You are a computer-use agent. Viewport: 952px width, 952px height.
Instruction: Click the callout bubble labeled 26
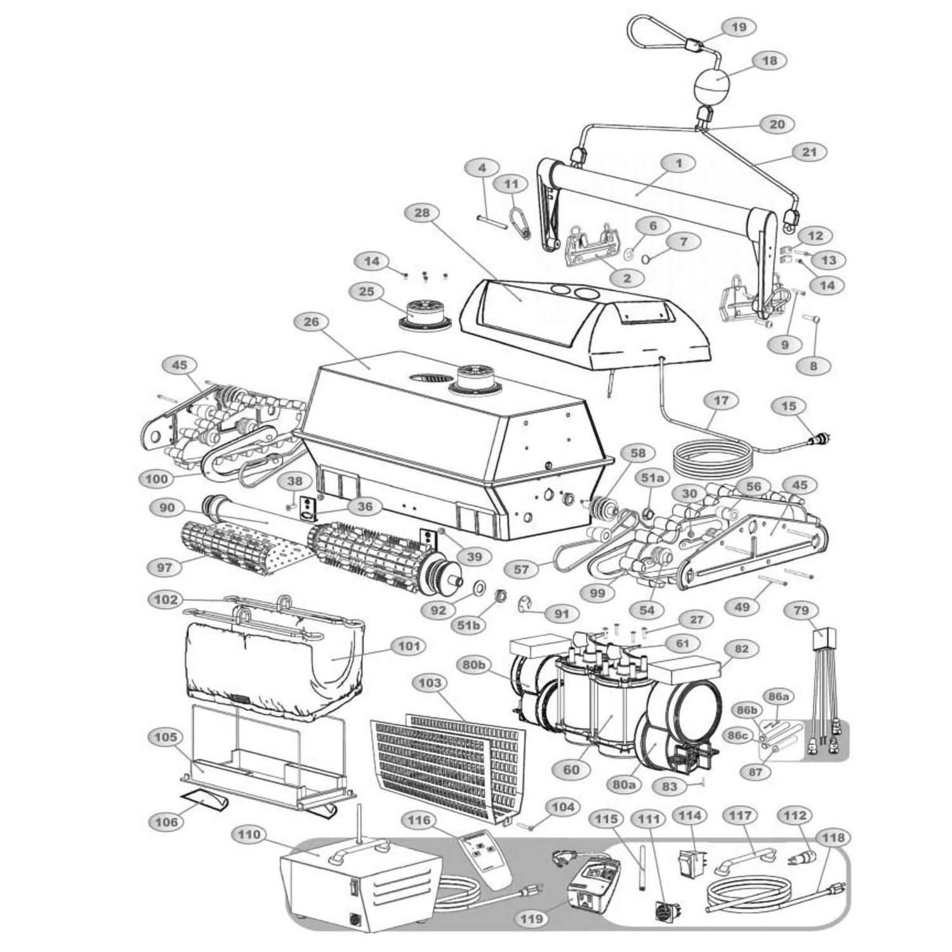click(312, 323)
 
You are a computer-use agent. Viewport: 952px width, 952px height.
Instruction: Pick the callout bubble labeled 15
click(789, 406)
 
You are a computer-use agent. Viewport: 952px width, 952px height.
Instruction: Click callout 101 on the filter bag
click(409, 646)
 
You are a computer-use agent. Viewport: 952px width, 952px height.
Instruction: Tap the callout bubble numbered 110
click(249, 835)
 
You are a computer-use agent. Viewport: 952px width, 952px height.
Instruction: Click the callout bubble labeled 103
click(430, 684)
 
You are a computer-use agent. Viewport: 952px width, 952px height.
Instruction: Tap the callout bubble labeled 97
click(165, 567)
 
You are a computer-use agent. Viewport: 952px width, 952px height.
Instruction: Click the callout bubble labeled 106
click(167, 822)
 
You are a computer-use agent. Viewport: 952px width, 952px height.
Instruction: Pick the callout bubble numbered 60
click(571, 770)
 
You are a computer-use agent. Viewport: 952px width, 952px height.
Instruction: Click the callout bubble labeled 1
click(678, 163)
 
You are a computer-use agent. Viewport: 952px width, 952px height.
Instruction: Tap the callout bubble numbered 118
click(833, 838)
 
